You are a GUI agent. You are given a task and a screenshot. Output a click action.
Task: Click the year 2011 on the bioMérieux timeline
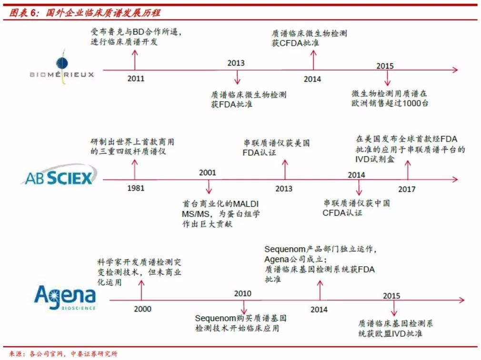[136, 79]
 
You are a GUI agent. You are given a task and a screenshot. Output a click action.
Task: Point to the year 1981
[136, 189]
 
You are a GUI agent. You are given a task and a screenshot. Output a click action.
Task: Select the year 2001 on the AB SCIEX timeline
[208, 172]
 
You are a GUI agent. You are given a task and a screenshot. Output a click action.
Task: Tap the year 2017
[407, 189]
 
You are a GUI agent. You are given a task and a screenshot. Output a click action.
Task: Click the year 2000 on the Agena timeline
[142, 309]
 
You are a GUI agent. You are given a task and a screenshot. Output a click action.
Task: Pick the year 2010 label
[242, 294]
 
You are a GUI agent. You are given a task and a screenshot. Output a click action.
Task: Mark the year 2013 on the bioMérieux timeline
[236, 63]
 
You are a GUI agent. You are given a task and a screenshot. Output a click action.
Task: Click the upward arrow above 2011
[135, 59]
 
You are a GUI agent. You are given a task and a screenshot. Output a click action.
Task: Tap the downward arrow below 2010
[244, 306]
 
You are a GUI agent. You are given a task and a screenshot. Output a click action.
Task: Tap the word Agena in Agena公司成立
[277, 260]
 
